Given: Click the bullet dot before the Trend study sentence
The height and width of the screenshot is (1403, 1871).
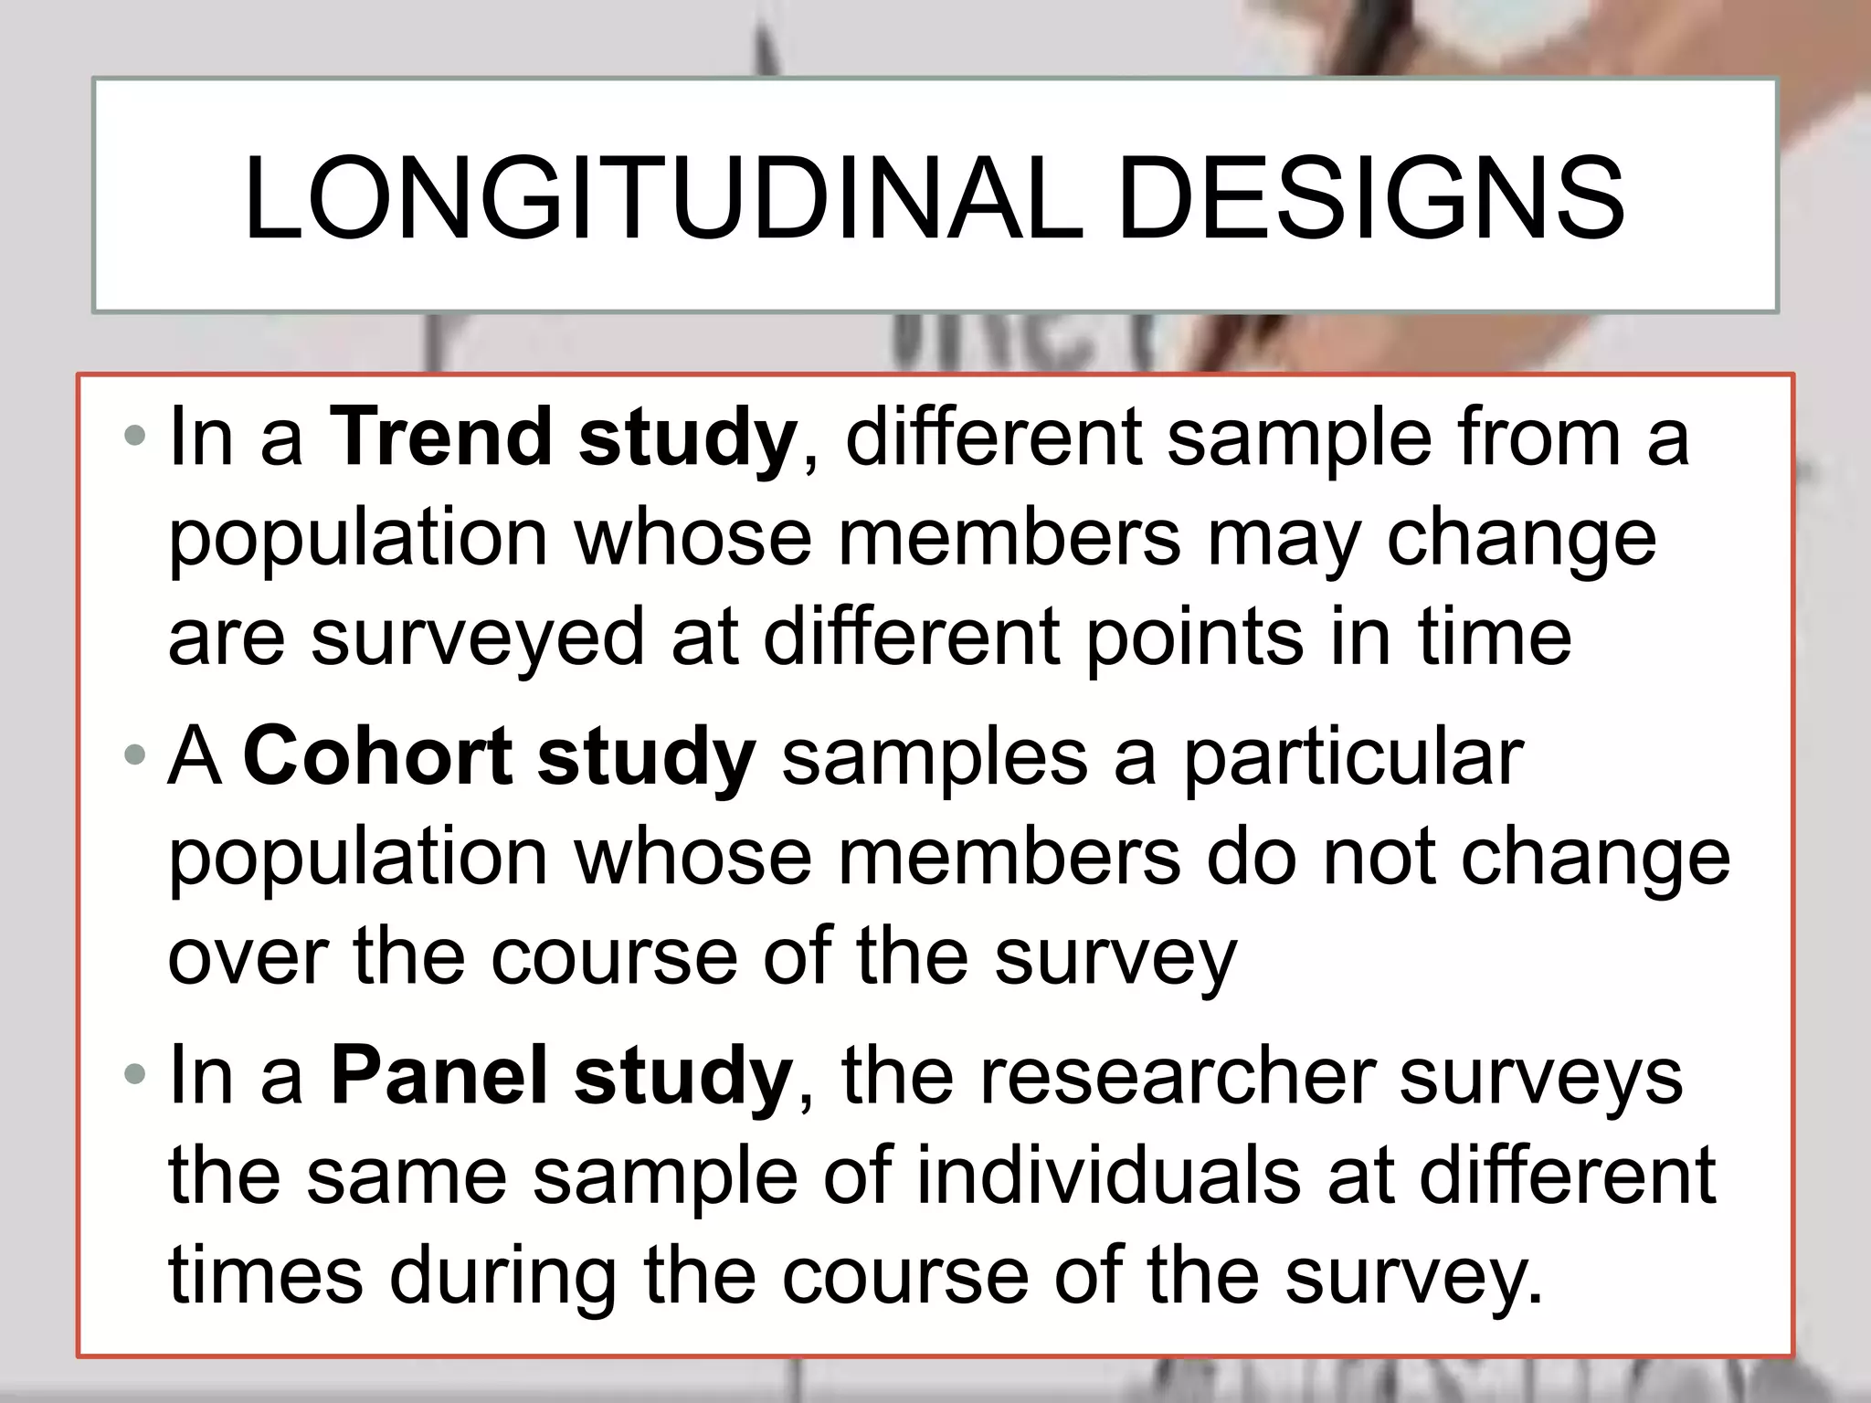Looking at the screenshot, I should (x=135, y=436).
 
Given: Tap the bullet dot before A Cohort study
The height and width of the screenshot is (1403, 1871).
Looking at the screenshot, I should (x=135, y=755).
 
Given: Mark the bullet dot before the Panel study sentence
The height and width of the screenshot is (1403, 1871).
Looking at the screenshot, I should (x=135, y=1075).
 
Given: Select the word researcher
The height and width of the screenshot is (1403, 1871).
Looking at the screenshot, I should (x=1179, y=1077).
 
